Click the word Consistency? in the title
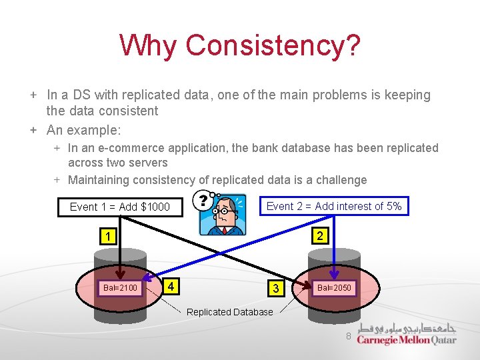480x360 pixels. pyautogui.click(x=273, y=45)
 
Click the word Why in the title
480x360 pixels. pyautogui.click(x=148, y=45)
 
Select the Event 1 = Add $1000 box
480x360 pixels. pyautogui.click(x=120, y=207)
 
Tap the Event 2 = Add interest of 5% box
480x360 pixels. pyautogui.click(x=334, y=206)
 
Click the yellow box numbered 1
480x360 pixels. pyautogui.click(x=107, y=236)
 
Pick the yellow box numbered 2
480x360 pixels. pyautogui.click(x=320, y=236)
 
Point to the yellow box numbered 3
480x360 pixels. pyautogui.click(x=275, y=288)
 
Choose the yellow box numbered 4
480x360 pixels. pyautogui.click(x=172, y=287)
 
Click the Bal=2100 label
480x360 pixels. pyautogui.click(x=120, y=288)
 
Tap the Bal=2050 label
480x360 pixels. pyautogui.click(x=334, y=288)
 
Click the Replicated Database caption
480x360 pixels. pyautogui.click(x=230, y=312)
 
